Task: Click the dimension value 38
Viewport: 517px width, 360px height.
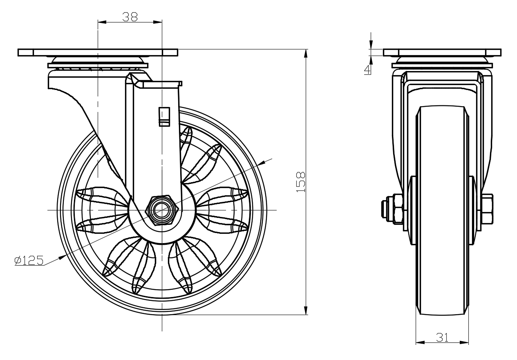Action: [x=130, y=16]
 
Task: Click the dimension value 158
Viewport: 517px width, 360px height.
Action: [x=301, y=182]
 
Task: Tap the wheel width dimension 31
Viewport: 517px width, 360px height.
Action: [x=442, y=337]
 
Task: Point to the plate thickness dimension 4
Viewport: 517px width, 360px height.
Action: [x=368, y=69]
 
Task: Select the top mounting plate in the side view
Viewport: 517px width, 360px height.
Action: [x=98, y=53]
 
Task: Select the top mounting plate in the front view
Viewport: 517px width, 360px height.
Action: [x=442, y=53]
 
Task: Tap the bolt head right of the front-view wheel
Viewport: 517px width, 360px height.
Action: [x=487, y=209]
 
